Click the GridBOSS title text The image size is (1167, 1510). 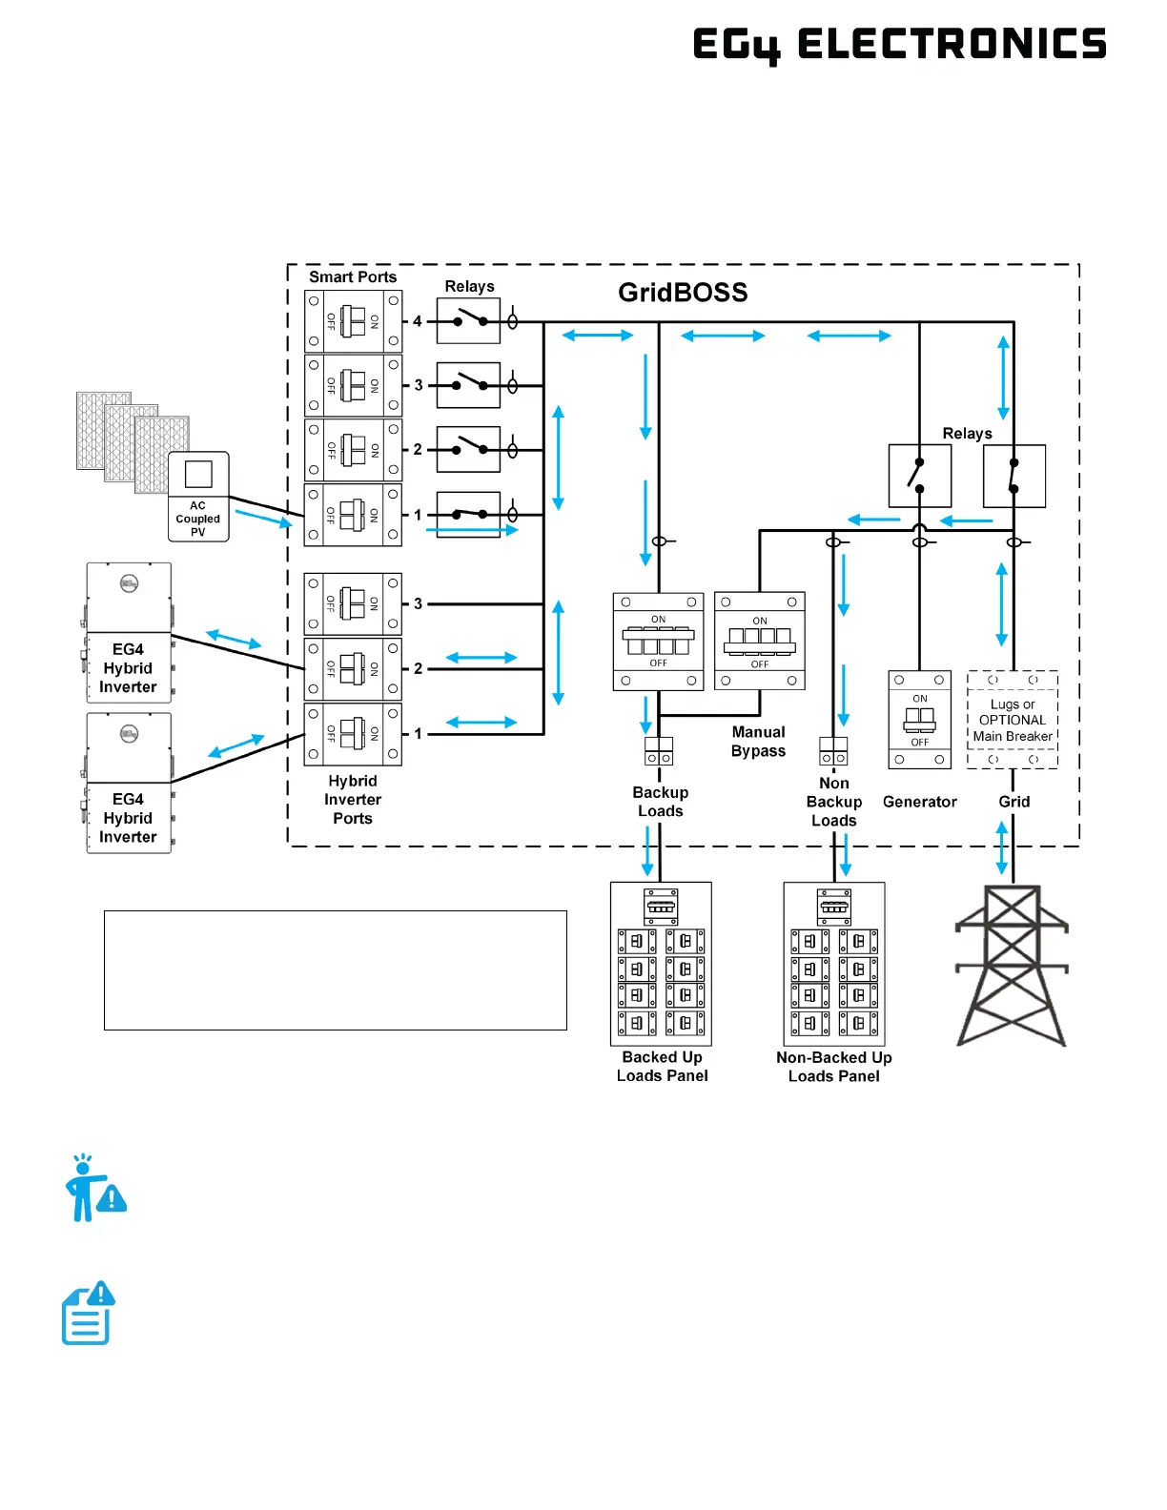(683, 293)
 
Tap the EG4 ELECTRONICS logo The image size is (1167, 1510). (899, 45)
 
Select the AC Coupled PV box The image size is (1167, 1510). (198, 497)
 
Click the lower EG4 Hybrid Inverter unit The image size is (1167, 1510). (129, 783)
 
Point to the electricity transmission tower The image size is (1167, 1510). (1012, 965)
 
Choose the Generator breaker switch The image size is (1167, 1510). (919, 720)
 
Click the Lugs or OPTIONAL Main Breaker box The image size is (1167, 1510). (1013, 720)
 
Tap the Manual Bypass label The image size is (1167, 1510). (758, 742)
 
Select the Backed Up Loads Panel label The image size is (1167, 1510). (662, 1067)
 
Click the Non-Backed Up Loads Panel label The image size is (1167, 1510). (833, 1067)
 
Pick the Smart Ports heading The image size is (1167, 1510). (353, 277)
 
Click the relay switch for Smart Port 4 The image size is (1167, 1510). (468, 321)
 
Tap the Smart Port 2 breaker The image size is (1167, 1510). (353, 450)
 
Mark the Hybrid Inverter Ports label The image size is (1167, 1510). (353, 800)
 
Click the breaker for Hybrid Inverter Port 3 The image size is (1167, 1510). (353, 604)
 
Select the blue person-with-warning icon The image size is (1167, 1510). (94, 1189)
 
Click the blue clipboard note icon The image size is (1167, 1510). (88, 1314)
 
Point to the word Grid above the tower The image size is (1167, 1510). (1013, 802)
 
